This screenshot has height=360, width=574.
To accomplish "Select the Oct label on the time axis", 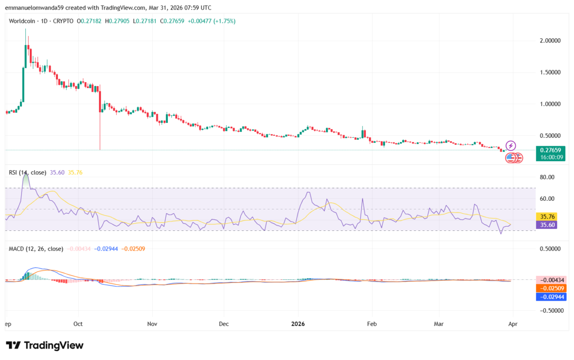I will tap(78, 324).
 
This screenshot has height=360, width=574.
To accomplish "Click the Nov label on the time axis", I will tap(152, 324).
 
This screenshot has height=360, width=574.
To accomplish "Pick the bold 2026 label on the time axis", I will tap(298, 324).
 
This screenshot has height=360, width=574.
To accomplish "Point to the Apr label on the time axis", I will tap(513, 324).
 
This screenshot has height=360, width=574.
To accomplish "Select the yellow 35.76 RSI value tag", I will tap(546, 216).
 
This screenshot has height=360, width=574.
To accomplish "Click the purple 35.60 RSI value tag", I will tap(546, 224).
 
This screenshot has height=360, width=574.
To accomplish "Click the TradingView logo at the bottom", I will tap(44, 345).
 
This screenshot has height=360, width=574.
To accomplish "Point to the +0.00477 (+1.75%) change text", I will tap(211, 21).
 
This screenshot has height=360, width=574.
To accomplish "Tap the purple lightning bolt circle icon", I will tap(511, 145).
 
